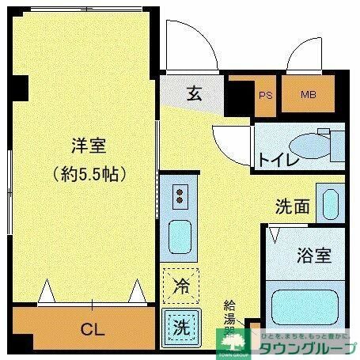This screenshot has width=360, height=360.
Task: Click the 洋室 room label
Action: tap(89, 146)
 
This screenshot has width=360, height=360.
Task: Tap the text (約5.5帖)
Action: tap(89, 172)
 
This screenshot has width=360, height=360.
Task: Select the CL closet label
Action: tap(93, 327)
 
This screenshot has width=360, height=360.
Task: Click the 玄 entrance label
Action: tap(195, 94)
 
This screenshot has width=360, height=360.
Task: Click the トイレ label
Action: tap(277, 160)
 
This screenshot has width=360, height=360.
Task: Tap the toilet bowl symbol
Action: tap(312, 145)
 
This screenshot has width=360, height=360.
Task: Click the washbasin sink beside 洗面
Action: tap(328, 203)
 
